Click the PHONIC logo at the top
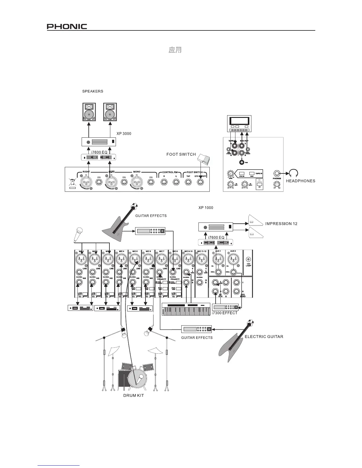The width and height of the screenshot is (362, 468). tap(67, 27)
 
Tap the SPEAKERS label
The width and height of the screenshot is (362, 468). tap(93, 91)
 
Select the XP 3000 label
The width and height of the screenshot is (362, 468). tap(124, 134)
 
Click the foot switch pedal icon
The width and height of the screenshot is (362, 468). tap(204, 160)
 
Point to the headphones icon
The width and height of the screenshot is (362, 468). tap(294, 173)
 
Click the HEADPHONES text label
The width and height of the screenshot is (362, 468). tap(300, 181)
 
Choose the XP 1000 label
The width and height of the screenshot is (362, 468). tap(206, 208)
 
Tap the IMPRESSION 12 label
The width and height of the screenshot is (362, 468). tap(281, 224)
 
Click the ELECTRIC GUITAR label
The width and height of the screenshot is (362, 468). tap(264, 337)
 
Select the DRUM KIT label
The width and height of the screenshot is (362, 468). tap(133, 395)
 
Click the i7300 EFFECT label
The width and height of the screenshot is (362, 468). tap(224, 313)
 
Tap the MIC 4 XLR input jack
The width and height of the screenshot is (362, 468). tap(121, 260)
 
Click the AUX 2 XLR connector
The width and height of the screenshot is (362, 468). tap(233, 260)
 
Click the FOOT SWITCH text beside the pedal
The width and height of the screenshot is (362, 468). tap(181, 154)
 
